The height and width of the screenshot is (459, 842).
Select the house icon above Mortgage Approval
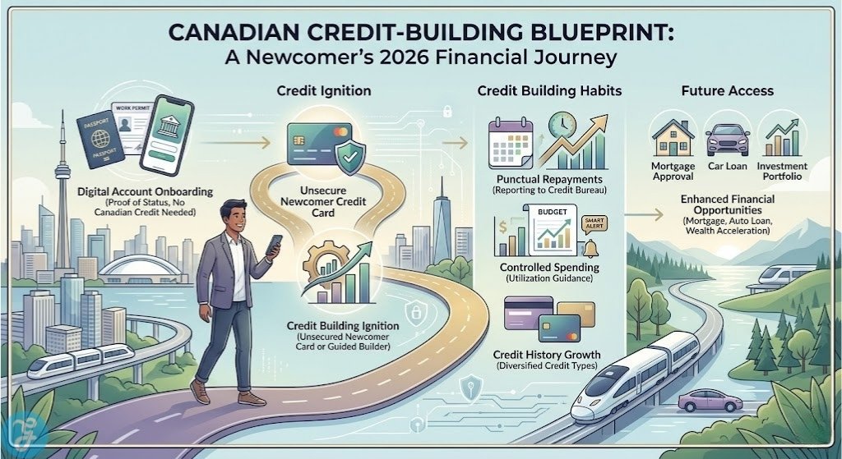[672, 135]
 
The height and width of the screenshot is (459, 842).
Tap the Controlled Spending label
[549, 268]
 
